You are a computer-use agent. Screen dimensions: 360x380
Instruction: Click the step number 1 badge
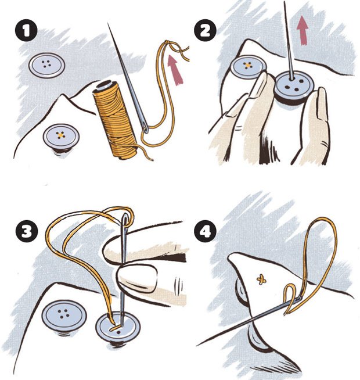[x=26, y=30]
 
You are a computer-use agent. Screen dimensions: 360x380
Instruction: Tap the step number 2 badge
[x=205, y=30]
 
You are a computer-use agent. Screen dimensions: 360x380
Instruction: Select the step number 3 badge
[x=26, y=231]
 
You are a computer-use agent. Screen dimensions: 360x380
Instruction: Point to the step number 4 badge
[x=205, y=231]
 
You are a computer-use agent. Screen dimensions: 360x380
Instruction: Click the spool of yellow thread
[x=116, y=120]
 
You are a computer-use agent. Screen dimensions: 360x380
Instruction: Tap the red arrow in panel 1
[x=175, y=70]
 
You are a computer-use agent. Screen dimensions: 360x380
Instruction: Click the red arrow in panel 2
[x=303, y=30]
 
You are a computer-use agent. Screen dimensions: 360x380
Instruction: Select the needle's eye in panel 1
[x=145, y=128]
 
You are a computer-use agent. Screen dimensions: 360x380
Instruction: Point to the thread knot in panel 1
[x=167, y=42]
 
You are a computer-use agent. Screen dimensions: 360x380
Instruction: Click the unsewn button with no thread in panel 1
[x=47, y=66]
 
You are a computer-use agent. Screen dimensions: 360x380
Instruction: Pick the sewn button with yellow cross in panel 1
[x=62, y=137]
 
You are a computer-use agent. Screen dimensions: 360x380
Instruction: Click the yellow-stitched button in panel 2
[x=249, y=67]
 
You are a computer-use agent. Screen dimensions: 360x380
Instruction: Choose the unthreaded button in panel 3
[x=64, y=316]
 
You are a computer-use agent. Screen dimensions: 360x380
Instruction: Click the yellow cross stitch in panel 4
[x=261, y=280]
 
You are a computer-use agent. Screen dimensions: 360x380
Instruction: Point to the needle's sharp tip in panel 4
[x=197, y=345]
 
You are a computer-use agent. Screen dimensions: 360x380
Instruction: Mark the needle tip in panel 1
[x=108, y=23]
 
